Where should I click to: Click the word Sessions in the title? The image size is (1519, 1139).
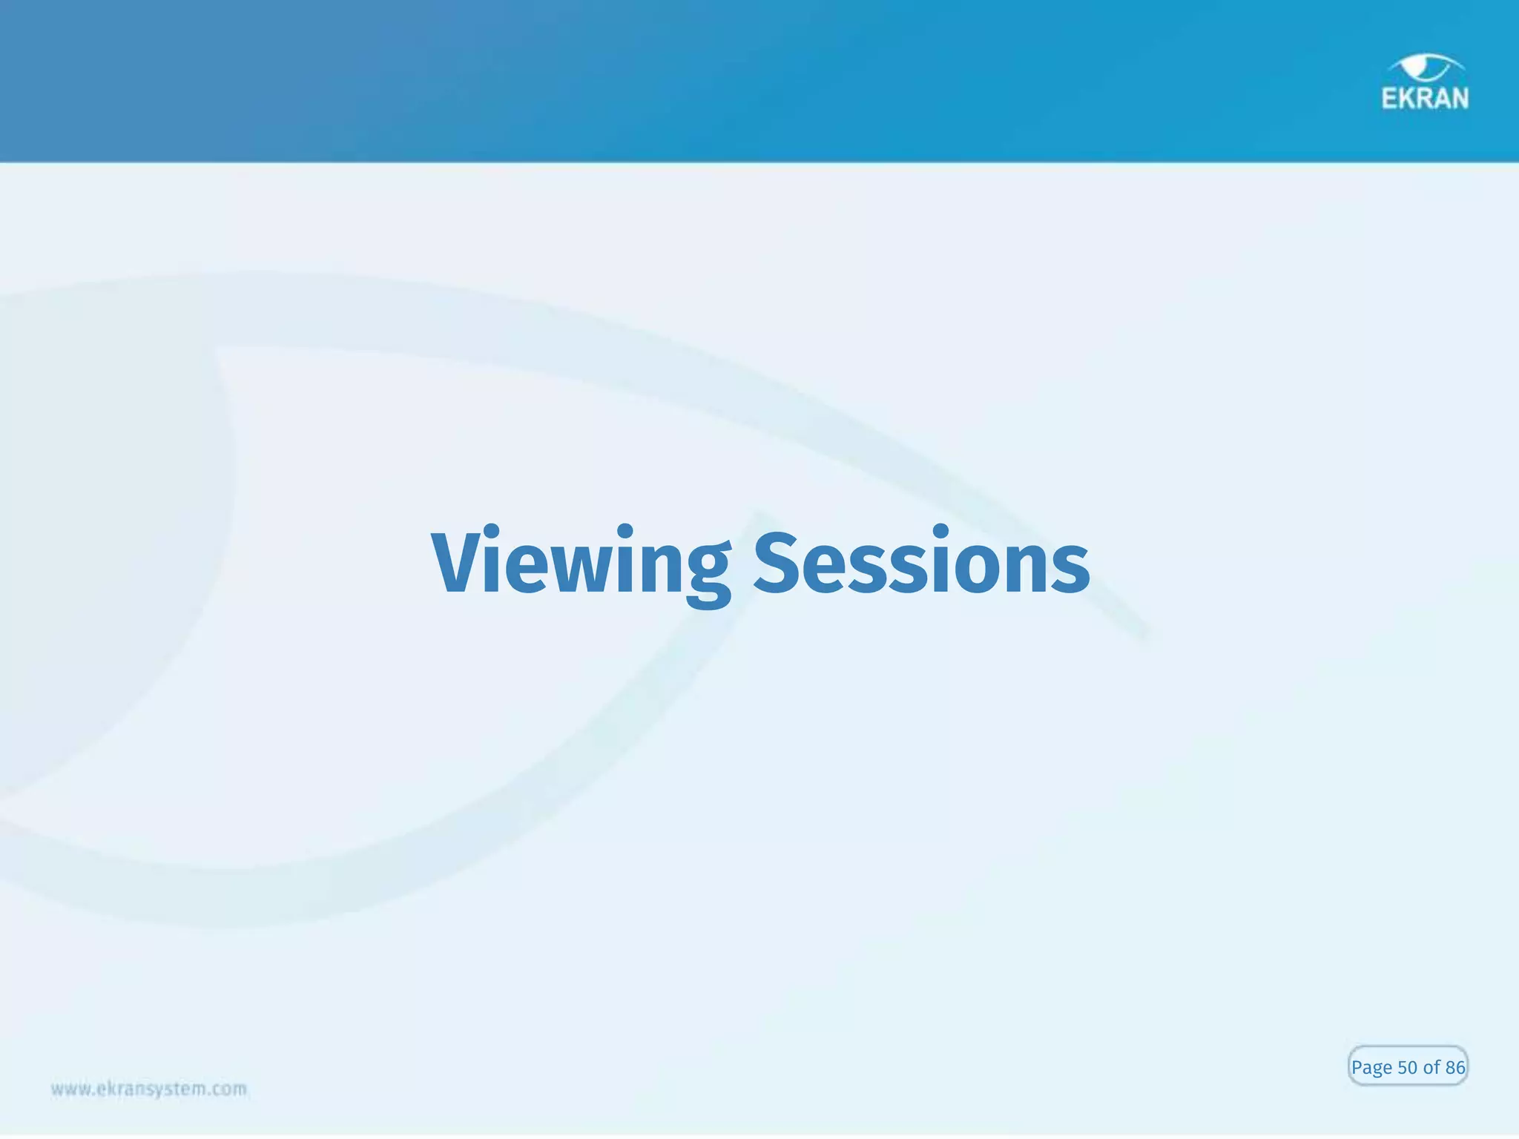(922, 564)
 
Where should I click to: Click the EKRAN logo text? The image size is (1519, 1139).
(1425, 99)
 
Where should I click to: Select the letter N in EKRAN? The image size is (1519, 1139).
(1459, 99)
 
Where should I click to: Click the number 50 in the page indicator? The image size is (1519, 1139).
(1407, 1068)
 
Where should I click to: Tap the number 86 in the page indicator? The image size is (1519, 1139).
(1455, 1068)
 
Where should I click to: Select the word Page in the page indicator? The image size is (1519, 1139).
(1371, 1069)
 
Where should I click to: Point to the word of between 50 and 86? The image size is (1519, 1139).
(1431, 1068)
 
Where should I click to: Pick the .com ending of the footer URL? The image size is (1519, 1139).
(230, 1089)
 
